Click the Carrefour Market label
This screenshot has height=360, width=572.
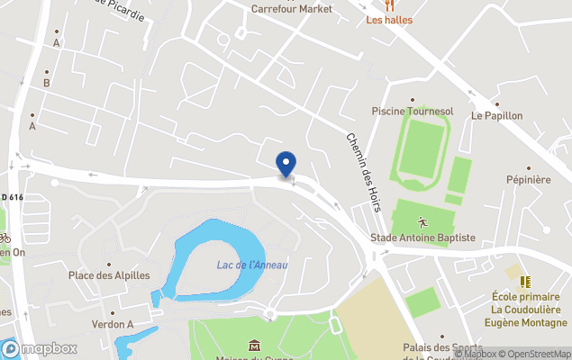tap(292, 9)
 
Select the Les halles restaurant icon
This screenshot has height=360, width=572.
tap(389, 4)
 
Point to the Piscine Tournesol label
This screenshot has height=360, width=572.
tap(411, 111)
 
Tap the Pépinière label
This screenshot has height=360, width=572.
tap(528, 180)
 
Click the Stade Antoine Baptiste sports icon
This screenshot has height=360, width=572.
tap(422, 220)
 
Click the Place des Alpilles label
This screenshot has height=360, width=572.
tap(109, 275)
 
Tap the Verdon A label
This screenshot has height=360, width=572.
tap(113, 324)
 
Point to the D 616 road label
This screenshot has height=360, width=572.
tap(13, 197)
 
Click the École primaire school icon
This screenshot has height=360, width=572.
tap(525, 282)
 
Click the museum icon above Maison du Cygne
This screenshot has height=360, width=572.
tap(254, 345)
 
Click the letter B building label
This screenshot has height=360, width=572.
tap(46, 84)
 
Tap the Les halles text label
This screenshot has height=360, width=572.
tap(389, 20)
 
